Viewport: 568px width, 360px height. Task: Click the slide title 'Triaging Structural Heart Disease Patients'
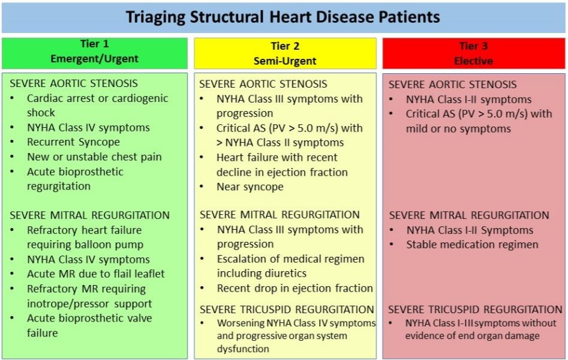[x=283, y=16]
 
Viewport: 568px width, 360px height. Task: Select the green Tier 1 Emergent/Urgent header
[x=95, y=52]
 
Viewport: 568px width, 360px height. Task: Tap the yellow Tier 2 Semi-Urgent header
[x=285, y=53]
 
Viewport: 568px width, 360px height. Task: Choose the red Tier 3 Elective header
[x=474, y=53]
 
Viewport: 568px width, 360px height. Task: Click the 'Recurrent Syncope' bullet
[x=73, y=142]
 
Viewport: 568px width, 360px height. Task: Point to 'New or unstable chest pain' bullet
[x=94, y=157]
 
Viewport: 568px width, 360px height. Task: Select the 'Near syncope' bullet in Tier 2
[x=250, y=187]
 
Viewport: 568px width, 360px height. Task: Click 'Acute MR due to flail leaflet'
[x=95, y=274]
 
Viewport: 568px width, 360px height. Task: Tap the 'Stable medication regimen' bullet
[x=472, y=244]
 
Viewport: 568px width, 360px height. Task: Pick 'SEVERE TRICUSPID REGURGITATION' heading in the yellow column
[x=287, y=310]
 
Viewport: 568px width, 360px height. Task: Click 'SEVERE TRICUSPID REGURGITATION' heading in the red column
[x=475, y=310]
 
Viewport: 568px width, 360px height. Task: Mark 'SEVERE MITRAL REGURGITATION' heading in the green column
[x=89, y=215]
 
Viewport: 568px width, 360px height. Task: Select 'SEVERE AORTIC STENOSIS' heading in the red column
[x=452, y=85]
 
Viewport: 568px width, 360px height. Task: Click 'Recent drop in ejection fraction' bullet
[x=294, y=288]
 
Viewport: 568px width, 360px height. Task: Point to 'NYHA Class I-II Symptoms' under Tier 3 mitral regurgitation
[x=470, y=230]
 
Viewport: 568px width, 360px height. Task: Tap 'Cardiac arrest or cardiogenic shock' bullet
[x=97, y=105]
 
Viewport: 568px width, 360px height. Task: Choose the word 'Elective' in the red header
[x=474, y=61]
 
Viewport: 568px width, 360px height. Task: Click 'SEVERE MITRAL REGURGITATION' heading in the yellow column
[x=280, y=214]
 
